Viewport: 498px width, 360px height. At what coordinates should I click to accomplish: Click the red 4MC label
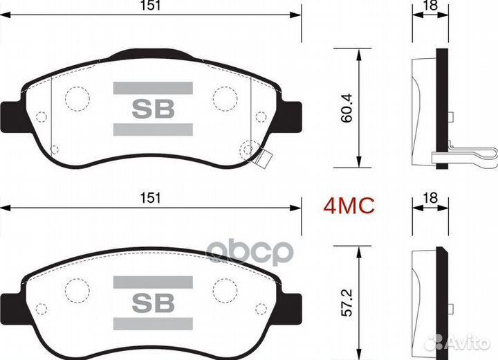[349, 205]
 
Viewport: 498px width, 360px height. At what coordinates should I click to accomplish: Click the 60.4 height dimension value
[347, 108]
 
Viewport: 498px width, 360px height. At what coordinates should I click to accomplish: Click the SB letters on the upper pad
[152, 109]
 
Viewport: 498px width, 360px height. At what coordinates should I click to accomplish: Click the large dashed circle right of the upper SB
[225, 98]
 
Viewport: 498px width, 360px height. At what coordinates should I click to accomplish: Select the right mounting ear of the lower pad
[293, 305]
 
